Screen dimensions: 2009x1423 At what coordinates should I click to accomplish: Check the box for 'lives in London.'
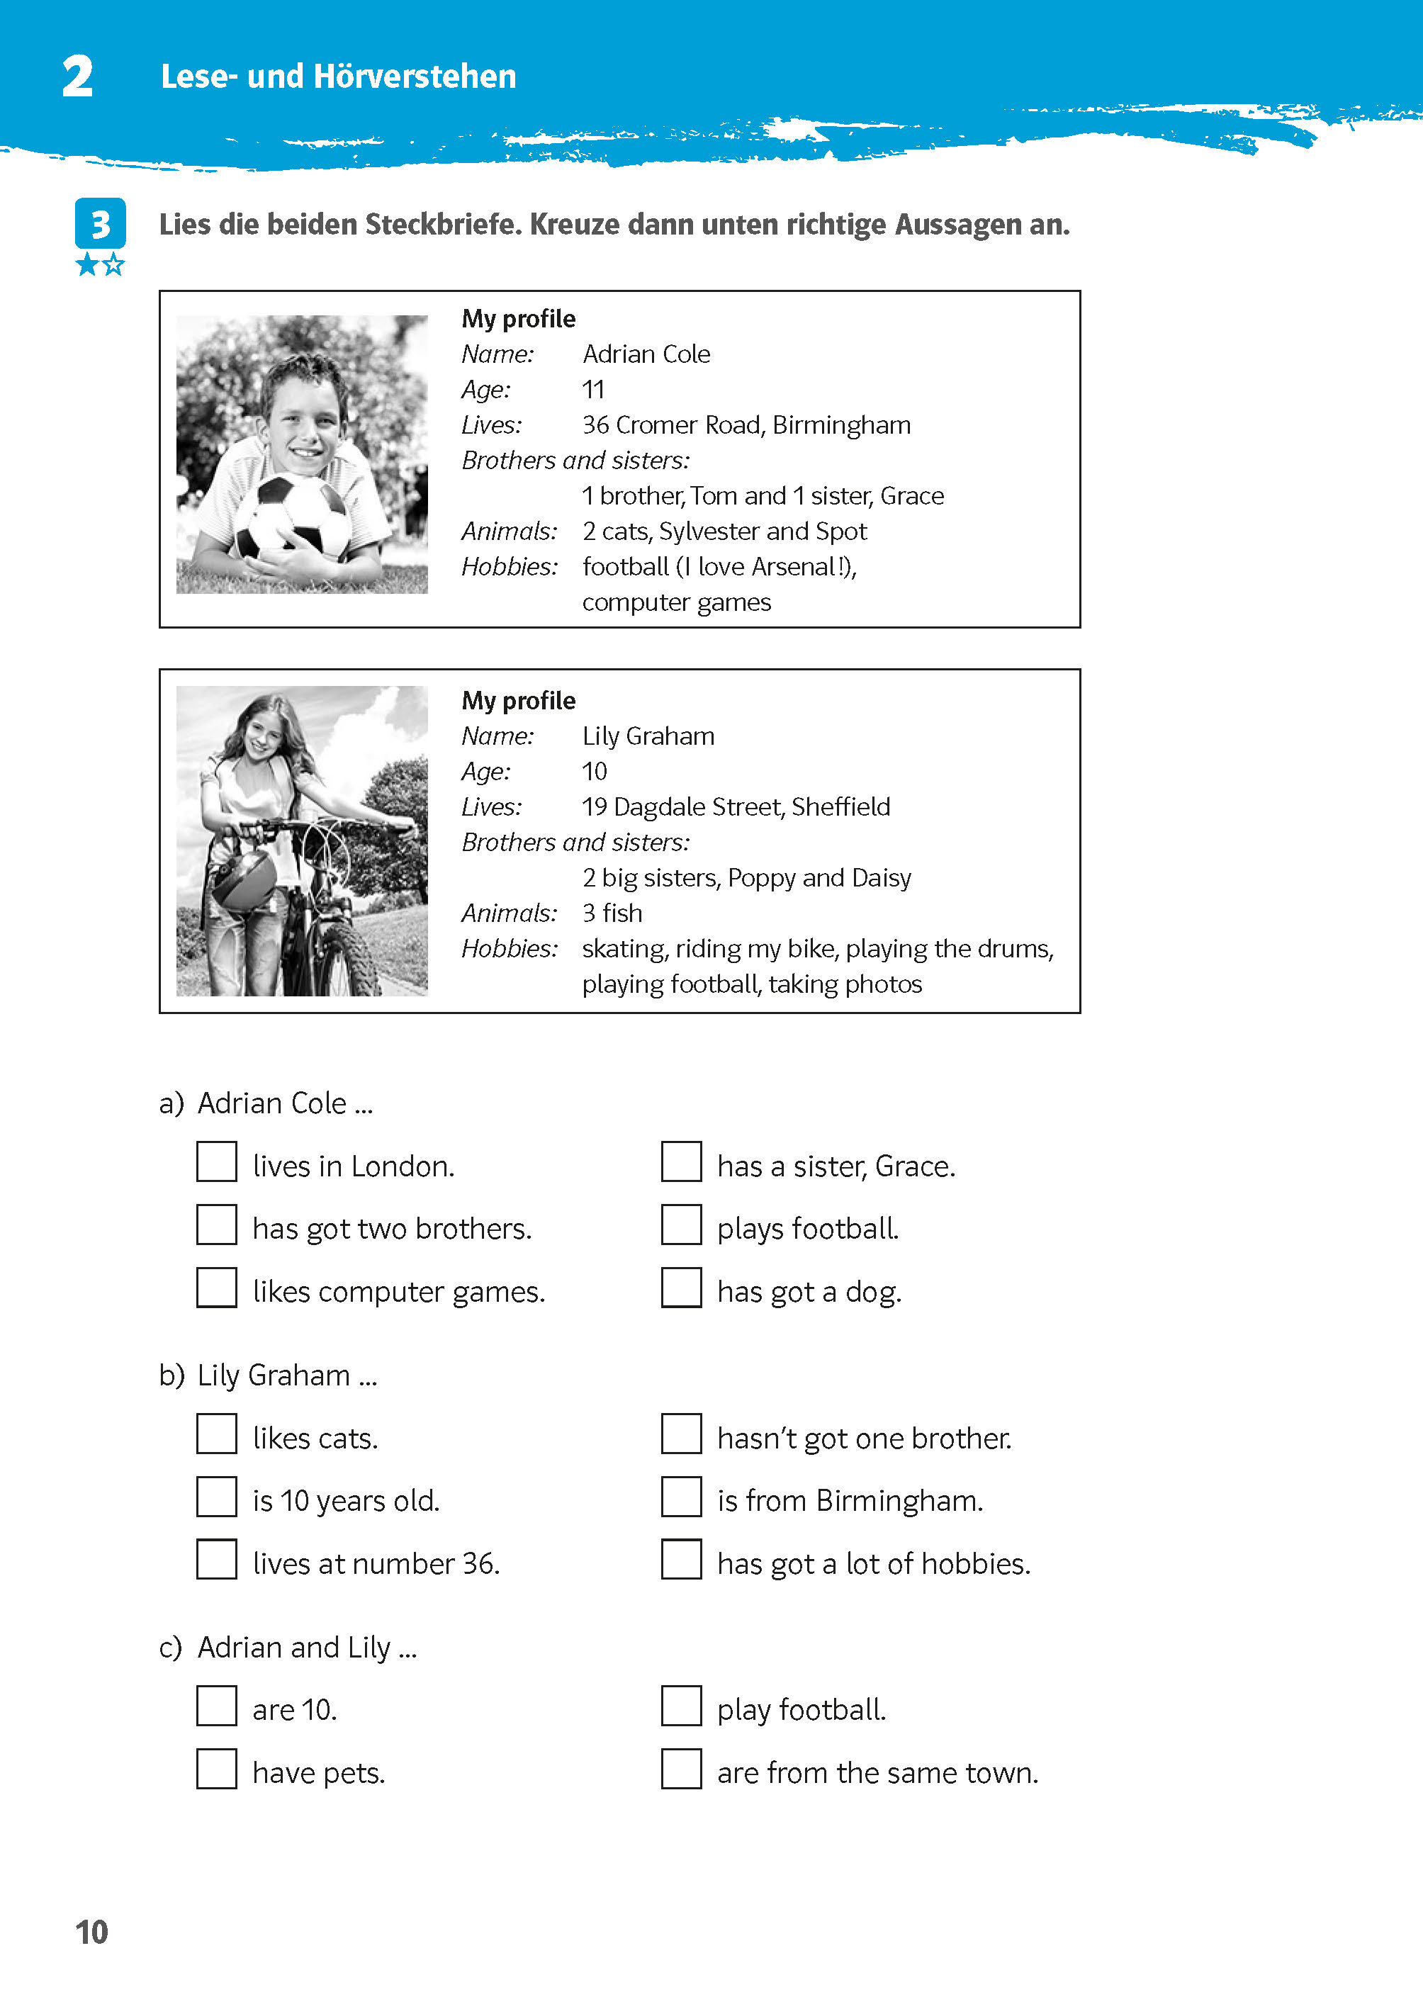(x=216, y=1161)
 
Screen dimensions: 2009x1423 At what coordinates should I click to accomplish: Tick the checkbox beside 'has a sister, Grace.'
(x=681, y=1161)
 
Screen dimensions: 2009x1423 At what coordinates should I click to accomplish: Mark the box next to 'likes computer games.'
(x=216, y=1287)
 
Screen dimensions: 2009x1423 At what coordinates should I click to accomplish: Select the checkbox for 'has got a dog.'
(x=681, y=1287)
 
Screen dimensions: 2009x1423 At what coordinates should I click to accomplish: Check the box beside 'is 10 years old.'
(x=216, y=1497)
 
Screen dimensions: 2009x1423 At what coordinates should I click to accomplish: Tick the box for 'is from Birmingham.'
(x=681, y=1497)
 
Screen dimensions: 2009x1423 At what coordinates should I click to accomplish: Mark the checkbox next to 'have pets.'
(x=216, y=1768)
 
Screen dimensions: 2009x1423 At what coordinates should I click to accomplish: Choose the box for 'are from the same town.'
(x=681, y=1768)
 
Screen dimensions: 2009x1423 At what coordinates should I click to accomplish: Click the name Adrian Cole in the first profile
(x=646, y=354)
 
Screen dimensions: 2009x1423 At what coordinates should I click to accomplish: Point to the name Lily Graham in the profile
(x=648, y=736)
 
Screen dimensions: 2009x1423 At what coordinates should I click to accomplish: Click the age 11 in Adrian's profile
(x=593, y=390)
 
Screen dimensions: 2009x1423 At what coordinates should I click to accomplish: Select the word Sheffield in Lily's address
(x=840, y=807)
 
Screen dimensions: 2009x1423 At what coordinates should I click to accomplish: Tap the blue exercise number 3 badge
(x=100, y=225)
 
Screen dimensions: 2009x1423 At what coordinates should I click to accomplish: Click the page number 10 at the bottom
(x=91, y=1932)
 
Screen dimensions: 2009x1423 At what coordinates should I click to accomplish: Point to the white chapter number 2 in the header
(x=77, y=77)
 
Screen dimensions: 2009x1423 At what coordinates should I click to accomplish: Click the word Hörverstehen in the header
(x=415, y=77)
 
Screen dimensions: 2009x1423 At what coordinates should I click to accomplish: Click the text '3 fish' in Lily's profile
(x=612, y=913)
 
